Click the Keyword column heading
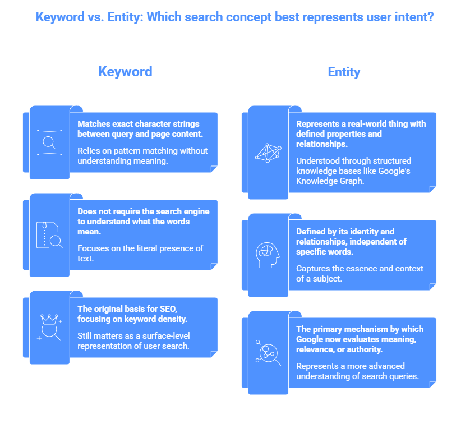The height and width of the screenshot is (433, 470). point(125,72)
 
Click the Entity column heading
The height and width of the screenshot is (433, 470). point(344,72)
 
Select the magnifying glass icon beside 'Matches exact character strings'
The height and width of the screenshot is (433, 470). point(49,142)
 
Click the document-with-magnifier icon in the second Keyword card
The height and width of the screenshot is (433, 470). point(49,235)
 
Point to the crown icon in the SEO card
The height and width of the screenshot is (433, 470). point(49,319)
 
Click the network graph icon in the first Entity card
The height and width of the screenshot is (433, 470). point(268,153)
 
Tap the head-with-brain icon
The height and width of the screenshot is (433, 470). point(268,255)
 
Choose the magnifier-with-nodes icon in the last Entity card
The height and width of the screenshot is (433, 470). point(268,353)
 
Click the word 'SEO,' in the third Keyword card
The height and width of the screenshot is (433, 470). point(168,309)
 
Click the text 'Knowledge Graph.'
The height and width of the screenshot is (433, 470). point(330,181)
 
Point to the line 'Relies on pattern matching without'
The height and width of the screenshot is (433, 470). point(142,151)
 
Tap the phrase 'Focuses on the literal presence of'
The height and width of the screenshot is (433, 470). point(140,248)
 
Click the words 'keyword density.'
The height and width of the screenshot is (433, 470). point(155,319)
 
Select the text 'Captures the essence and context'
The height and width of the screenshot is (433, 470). point(360,269)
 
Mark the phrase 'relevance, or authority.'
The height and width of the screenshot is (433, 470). point(339,349)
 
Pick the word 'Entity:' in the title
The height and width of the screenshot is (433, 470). point(124,17)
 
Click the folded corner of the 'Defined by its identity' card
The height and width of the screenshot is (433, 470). point(432,287)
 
